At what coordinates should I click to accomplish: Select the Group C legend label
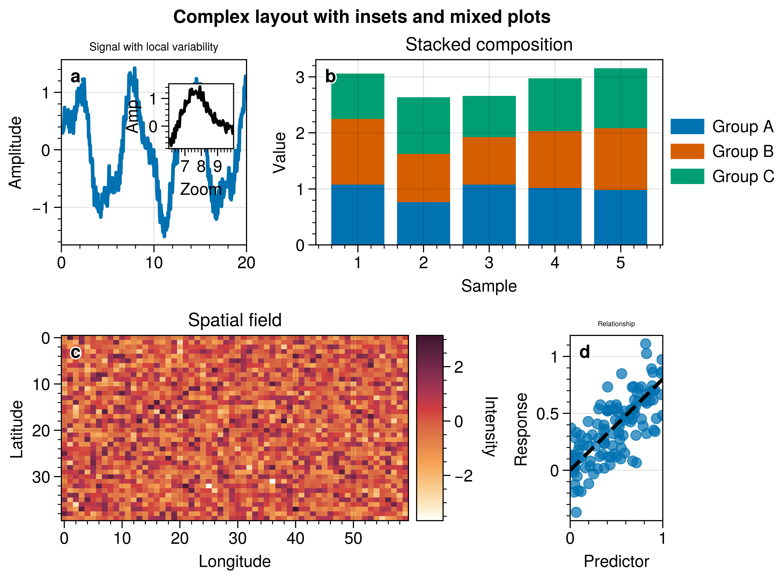click(743, 176)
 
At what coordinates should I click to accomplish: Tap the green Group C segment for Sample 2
click(423, 125)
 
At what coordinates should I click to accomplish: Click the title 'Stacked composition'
click(489, 45)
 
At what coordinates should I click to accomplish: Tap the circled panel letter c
click(76, 353)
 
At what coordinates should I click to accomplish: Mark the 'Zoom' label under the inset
click(201, 190)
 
